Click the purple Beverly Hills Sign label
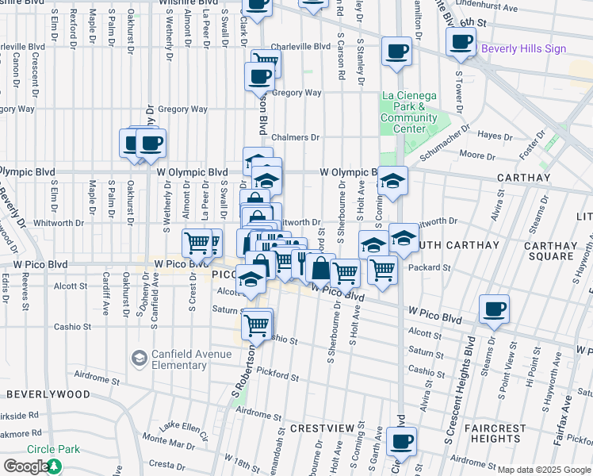523,48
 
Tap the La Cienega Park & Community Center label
409,113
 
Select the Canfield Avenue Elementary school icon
140,359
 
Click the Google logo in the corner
25,466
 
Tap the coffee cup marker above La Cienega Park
396,52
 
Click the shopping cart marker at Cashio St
257,324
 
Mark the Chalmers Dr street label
295,137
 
